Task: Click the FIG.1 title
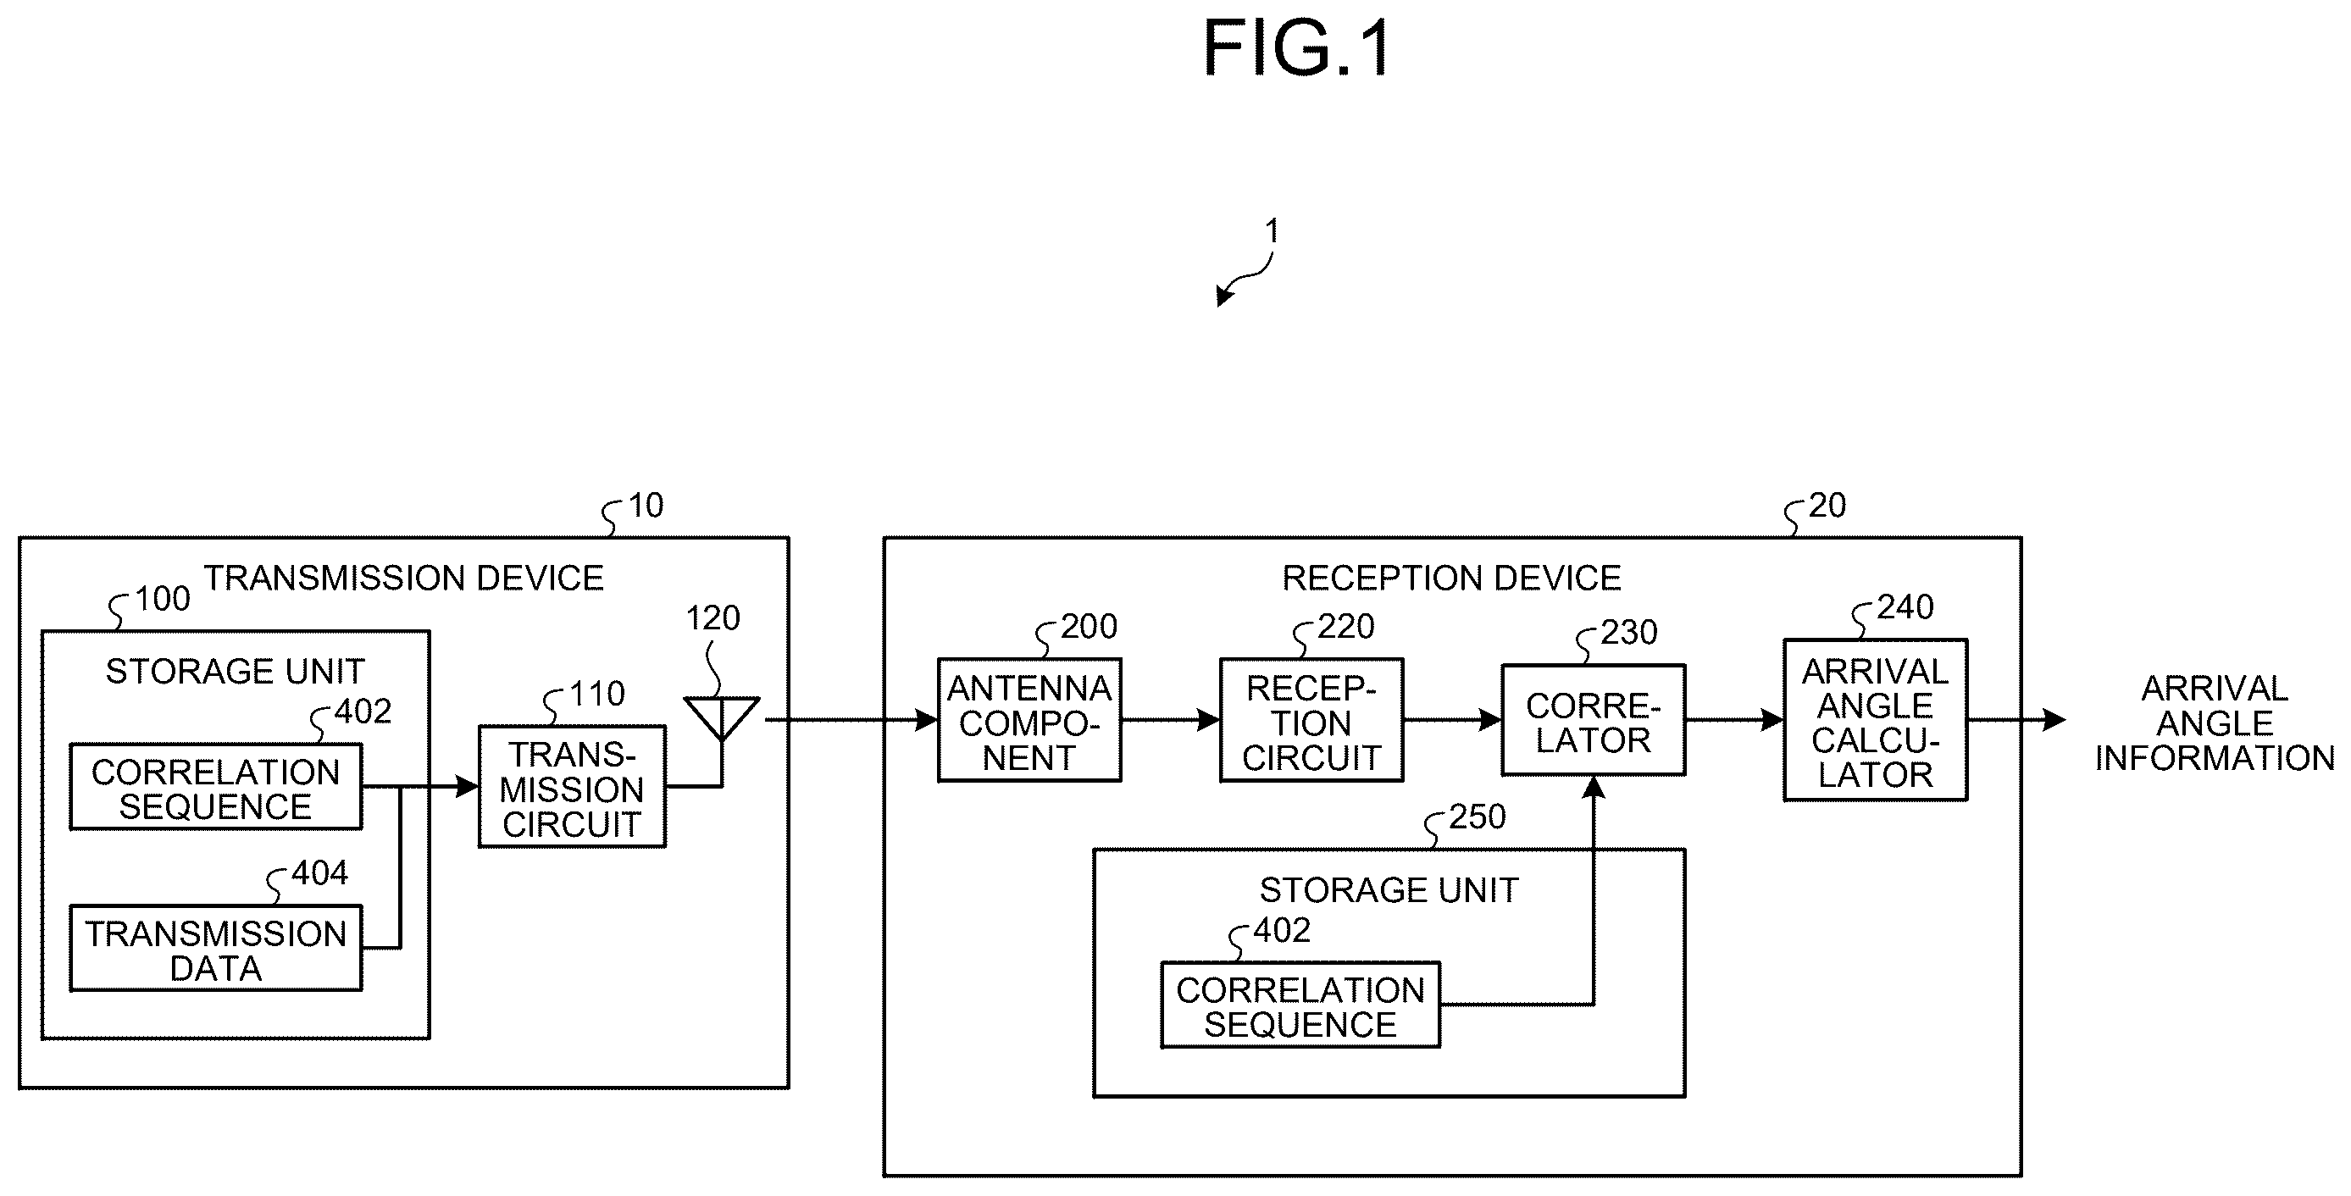[x=1296, y=48]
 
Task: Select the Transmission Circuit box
[x=572, y=786]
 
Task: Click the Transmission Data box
[x=216, y=948]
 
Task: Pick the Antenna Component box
[x=1029, y=720]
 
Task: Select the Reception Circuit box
[x=1311, y=720]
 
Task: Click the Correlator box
[x=1594, y=720]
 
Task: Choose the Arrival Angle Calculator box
[x=1876, y=720]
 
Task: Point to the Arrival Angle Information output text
[x=2215, y=723]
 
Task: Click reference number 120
[x=713, y=618]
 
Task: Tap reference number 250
[x=1478, y=817]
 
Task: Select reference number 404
[x=319, y=873]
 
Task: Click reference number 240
[x=1905, y=606]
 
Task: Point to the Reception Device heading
[x=1452, y=579]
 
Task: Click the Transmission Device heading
[x=403, y=579]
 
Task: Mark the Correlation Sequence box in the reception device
[x=1300, y=1005]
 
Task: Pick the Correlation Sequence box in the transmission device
[x=216, y=786]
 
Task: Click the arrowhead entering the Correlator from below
[x=1594, y=789]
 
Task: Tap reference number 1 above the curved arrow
[x=1272, y=230]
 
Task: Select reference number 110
[x=597, y=695]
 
